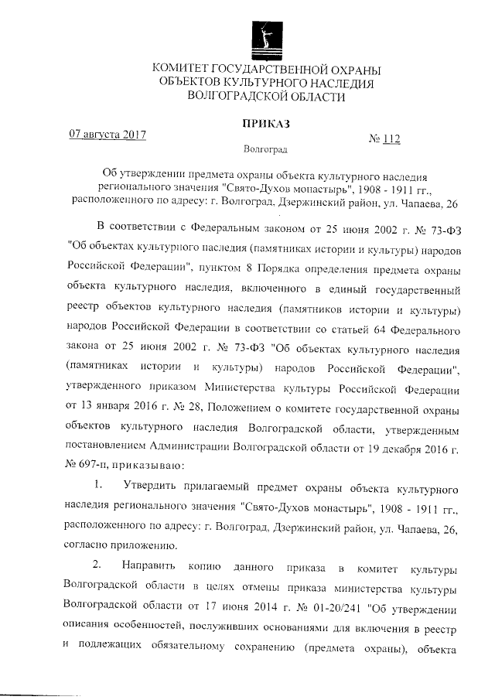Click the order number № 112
pos(384,139)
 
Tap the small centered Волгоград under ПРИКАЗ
pos(265,148)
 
